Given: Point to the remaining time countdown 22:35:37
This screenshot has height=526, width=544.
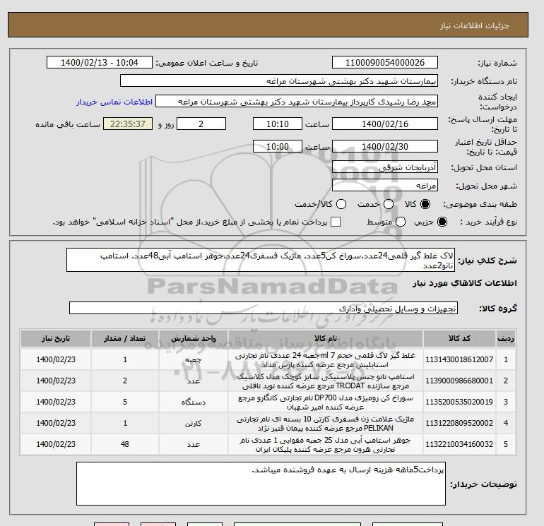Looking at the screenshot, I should point(128,124).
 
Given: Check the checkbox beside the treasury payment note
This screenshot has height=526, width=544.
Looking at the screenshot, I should point(336,222).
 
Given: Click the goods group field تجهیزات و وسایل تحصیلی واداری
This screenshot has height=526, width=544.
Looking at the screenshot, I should point(264,309).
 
